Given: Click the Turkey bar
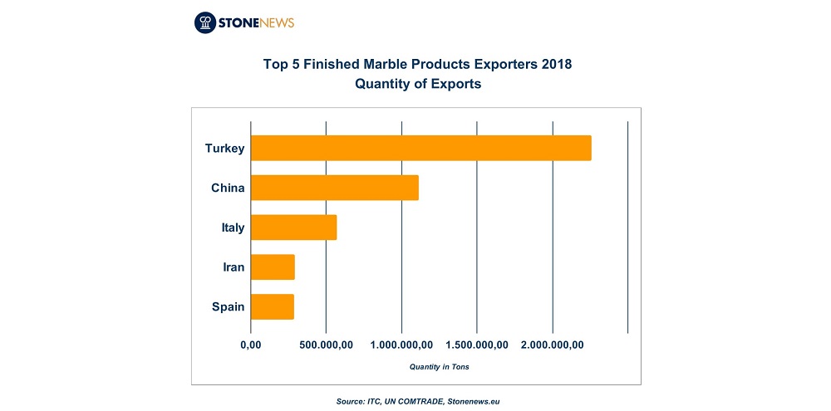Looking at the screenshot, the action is click(x=420, y=148).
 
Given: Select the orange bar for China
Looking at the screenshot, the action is click(x=334, y=188).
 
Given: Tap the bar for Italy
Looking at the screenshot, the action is click(x=293, y=228).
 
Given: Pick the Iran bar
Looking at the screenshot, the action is click(x=273, y=267).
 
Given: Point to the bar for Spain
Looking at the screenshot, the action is click(x=273, y=306).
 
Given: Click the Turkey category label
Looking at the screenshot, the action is click(x=224, y=149).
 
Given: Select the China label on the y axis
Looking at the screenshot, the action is click(x=228, y=188).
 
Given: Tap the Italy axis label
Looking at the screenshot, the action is click(x=233, y=228).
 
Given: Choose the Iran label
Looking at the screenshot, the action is click(x=234, y=267).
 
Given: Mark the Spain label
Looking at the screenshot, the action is click(x=228, y=307).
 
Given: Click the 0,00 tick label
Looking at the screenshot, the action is click(x=251, y=345).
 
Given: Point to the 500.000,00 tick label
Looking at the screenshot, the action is click(x=326, y=345).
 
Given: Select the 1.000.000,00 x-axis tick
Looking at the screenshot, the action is click(x=401, y=345).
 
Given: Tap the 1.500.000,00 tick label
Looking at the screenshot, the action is click(x=477, y=345).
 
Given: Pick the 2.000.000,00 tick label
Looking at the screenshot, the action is click(x=553, y=345).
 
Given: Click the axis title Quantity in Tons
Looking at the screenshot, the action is click(x=440, y=366).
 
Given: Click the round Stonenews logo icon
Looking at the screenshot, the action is click(x=205, y=22).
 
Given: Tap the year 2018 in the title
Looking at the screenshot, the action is click(x=558, y=65).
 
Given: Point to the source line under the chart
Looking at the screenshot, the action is click(x=418, y=402).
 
